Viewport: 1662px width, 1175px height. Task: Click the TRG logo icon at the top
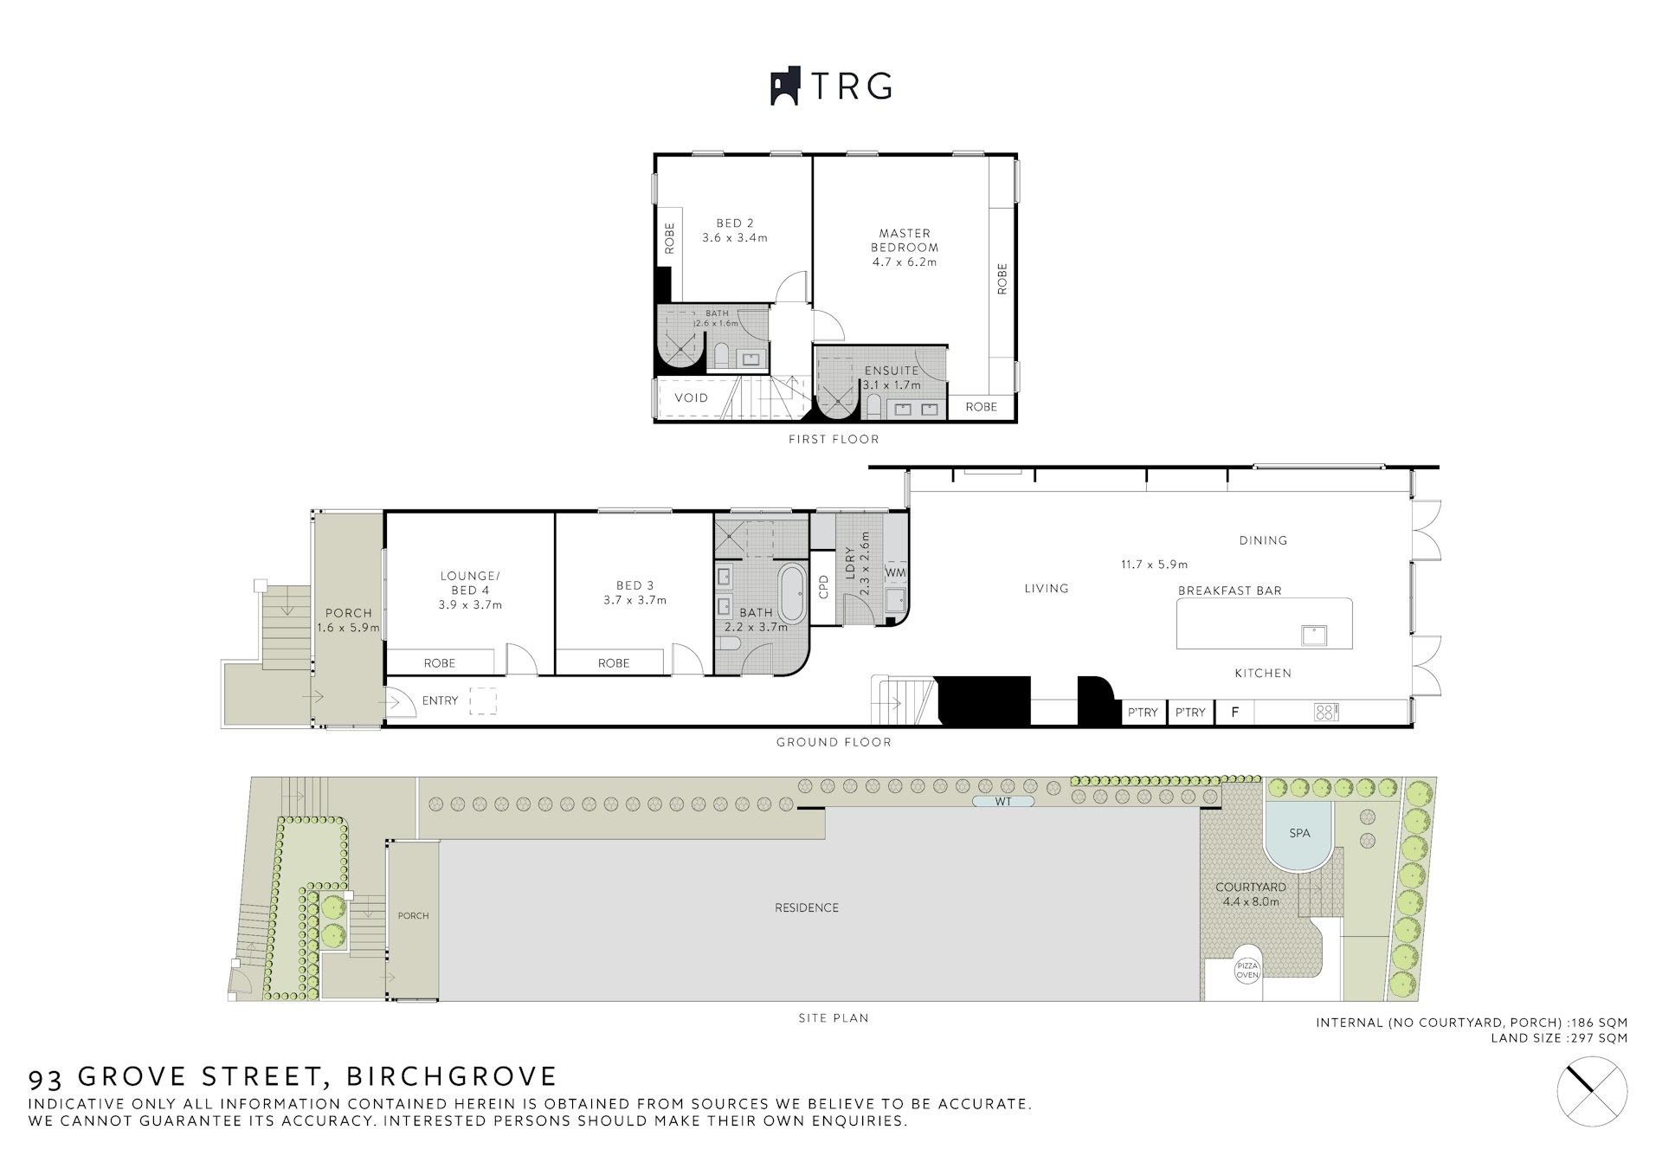point(786,87)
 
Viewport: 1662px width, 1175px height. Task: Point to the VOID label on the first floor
point(691,398)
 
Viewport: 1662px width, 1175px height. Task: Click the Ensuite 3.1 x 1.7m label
point(892,378)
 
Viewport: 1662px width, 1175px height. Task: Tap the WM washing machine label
point(896,572)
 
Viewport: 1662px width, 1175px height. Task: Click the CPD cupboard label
point(823,587)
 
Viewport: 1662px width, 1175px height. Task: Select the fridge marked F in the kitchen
point(1235,712)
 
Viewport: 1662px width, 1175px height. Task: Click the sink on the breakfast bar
point(1314,635)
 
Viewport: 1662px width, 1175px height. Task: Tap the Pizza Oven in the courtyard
point(1247,971)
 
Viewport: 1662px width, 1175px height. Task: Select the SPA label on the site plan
point(1299,833)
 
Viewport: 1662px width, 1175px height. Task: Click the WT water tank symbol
point(1003,802)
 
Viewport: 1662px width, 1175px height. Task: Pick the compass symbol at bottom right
point(1592,1092)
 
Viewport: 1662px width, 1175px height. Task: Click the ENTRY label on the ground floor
point(440,700)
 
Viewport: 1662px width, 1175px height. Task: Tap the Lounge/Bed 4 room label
point(470,591)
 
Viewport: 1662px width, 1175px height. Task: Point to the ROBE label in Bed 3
point(614,663)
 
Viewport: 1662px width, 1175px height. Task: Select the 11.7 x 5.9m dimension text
point(1155,565)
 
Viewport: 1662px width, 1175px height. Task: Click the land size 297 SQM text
point(1559,1038)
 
